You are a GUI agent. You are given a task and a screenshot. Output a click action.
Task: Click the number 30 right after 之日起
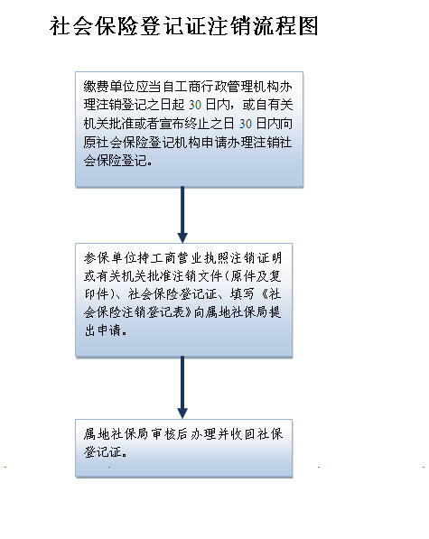(195, 105)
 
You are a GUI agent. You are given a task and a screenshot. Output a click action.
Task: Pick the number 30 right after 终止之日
(246, 124)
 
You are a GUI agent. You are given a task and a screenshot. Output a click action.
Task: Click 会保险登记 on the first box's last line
(116, 161)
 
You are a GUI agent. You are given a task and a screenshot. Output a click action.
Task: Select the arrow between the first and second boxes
(182, 215)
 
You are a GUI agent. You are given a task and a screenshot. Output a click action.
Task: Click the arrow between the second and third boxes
(182, 387)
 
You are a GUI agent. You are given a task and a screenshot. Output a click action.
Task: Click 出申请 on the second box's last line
(103, 330)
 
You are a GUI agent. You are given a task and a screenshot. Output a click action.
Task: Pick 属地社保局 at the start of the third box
(116, 434)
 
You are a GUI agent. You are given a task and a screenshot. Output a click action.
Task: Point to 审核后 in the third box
(169, 434)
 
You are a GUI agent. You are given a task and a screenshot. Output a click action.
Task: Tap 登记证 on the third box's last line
(103, 452)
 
